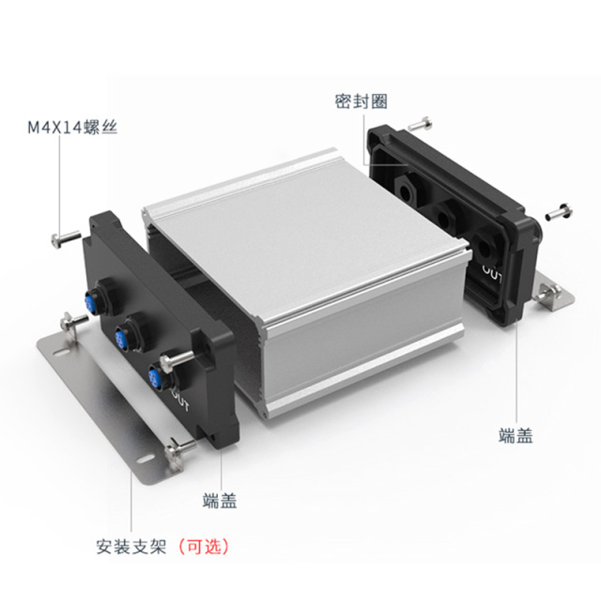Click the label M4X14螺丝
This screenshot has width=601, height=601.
coord(72,128)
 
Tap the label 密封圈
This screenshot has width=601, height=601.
coord(361,101)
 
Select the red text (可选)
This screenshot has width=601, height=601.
coord(204,547)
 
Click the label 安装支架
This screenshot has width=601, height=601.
coord(131,547)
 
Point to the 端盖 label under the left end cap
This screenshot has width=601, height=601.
coord(220,501)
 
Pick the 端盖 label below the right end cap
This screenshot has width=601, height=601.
coord(516,436)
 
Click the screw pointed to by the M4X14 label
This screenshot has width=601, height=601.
coord(65,239)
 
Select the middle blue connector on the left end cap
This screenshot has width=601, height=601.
coord(122,336)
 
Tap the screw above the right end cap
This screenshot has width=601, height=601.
coord(420,123)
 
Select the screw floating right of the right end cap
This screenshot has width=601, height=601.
coord(559,210)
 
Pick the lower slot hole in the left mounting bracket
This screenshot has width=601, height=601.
coord(146,458)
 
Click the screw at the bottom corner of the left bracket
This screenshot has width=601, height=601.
coord(179,452)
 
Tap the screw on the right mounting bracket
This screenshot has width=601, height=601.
coord(548,292)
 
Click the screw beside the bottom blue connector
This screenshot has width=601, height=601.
coord(177,361)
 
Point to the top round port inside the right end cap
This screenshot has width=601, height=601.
coord(405,189)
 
